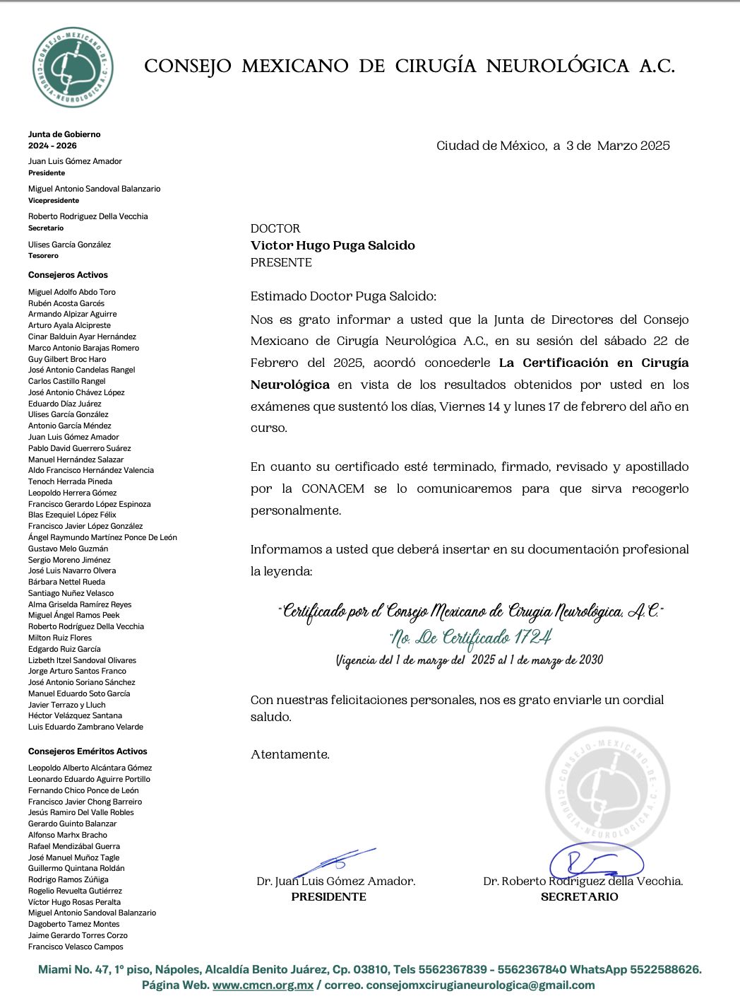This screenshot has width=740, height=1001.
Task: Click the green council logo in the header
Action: click(73, 67)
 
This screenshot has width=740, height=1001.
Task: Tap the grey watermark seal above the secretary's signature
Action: click(608, 786)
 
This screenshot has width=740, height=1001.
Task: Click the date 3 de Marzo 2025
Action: click(618, 146)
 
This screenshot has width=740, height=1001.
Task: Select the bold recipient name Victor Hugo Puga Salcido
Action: click(333, 245)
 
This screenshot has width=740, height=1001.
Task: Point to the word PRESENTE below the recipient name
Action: click(281, 262)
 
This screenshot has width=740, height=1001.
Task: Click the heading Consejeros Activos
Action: click(68, 275)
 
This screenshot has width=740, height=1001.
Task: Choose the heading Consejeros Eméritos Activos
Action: click(88, 751)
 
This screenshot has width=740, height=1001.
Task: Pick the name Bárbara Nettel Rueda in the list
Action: click(66, 582)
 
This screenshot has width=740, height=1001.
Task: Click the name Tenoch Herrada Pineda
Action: click(70, 481)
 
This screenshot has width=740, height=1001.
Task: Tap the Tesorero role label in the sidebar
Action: click(43, 256)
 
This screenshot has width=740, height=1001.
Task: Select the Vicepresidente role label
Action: click(54, 201)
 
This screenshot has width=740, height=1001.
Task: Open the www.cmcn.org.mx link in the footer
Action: click(263, 985)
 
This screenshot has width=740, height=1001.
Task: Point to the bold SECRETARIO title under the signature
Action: click(579, 896)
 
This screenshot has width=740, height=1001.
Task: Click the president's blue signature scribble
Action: click(335, 861)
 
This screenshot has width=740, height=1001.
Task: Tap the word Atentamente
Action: click(290, 754)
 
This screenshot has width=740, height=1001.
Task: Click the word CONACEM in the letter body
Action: click(335, 488)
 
